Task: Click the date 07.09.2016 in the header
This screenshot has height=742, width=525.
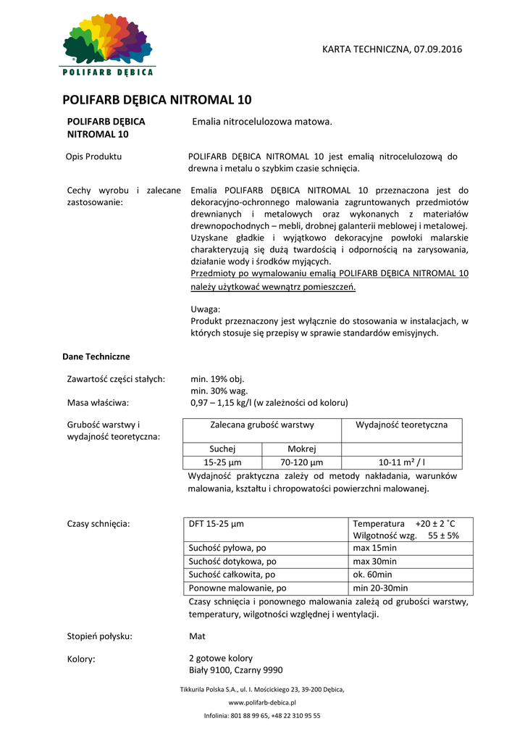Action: tap(437, 49)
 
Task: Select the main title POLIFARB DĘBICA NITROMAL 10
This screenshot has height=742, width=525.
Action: tap(157, 100)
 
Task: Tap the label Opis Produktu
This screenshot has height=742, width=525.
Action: tap(94, 157)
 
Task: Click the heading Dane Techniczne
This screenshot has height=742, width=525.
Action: tap(96, 357)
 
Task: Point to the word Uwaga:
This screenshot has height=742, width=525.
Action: tap(206, 309)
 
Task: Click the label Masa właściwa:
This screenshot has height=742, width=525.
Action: tap(98, 402)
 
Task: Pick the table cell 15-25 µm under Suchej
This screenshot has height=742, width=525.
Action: tap(222, 462)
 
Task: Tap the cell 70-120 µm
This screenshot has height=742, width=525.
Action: tap(301, 462)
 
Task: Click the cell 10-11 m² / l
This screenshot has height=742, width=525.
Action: tap(401, 462)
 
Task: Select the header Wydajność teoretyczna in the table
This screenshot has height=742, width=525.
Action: tap(401, 425)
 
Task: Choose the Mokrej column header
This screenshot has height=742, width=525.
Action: tap(301, 449)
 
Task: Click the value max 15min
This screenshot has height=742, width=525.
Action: tap(374, 548)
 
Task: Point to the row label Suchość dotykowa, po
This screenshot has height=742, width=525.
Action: tap(232, 562)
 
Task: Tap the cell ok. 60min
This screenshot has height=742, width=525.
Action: tap(372, 575)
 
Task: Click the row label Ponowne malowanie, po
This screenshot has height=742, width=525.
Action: tap(238, 588)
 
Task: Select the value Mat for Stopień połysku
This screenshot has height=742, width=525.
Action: tap(197, 636)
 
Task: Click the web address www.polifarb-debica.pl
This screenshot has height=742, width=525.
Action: tap(262, 703)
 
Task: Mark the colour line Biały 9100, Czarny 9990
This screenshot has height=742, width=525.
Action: tap(235, 670)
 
